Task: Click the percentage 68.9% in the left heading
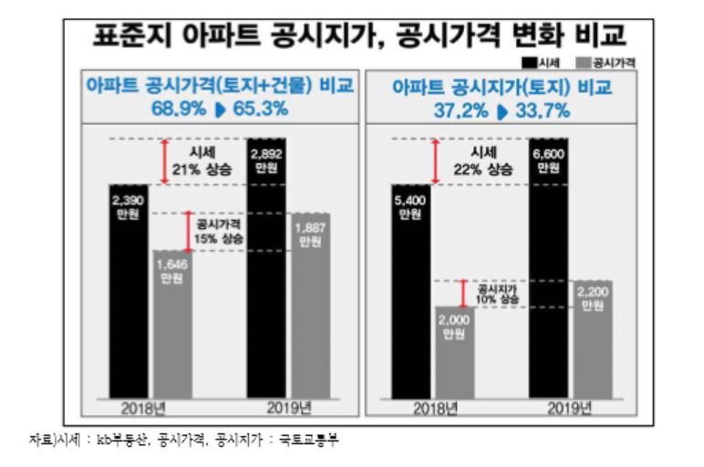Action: click(x=181, y=109)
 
